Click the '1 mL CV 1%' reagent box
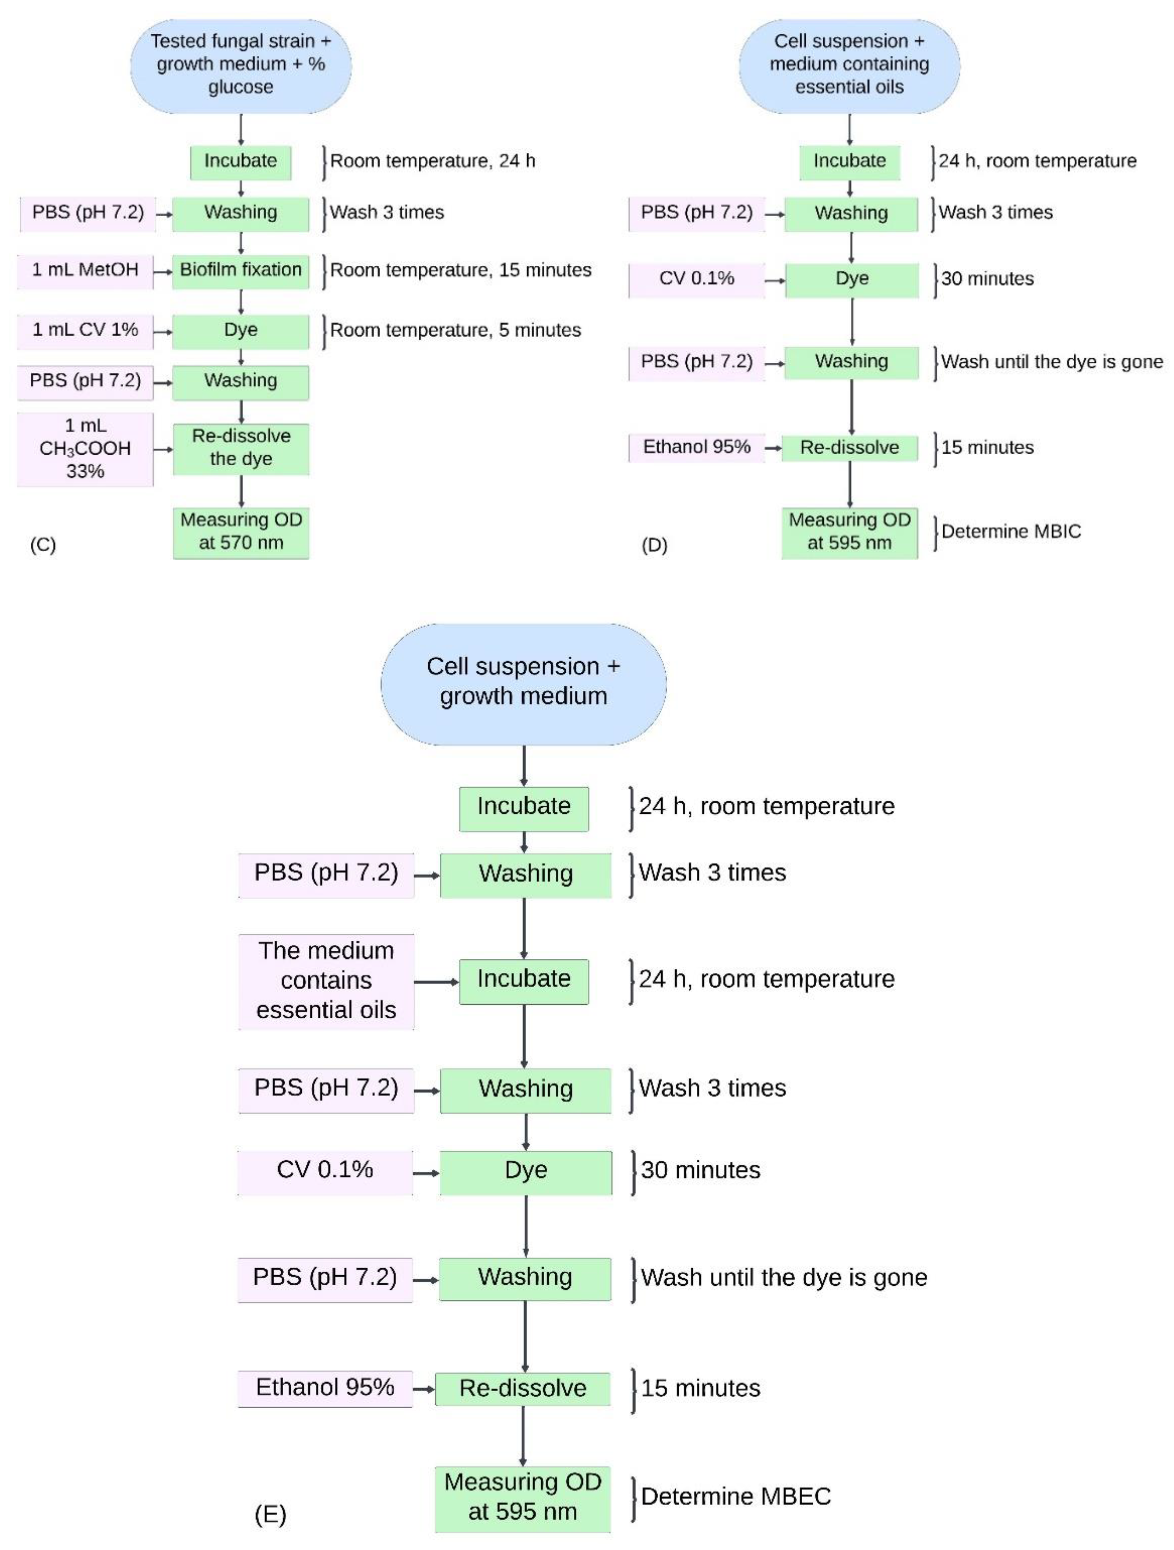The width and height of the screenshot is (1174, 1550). (85, 331)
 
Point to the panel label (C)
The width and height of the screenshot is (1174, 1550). (43, 545)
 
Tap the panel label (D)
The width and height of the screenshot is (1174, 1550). (654, 545)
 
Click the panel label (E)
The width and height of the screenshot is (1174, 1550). (270, 1515)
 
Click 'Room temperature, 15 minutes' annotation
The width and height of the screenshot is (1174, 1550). (461, 271)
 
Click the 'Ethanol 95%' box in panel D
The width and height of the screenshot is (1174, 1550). (697, 447)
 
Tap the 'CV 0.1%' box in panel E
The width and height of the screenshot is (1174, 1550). (325, 1170)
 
